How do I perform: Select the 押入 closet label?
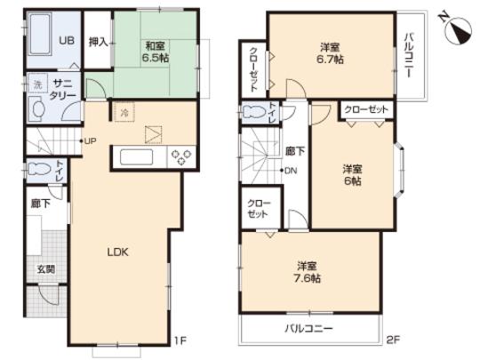[98, 41]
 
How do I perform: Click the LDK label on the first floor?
[119, 252]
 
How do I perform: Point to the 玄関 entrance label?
[44, 268]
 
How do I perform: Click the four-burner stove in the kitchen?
[182, 157]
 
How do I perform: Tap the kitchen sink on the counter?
[138, 157]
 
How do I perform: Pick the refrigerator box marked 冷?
[124, 112]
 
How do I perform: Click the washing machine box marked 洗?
[37, 85]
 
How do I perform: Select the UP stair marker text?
[91, 140]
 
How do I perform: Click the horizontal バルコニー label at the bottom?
[309, 328]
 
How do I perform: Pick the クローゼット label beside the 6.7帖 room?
[253, 67]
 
